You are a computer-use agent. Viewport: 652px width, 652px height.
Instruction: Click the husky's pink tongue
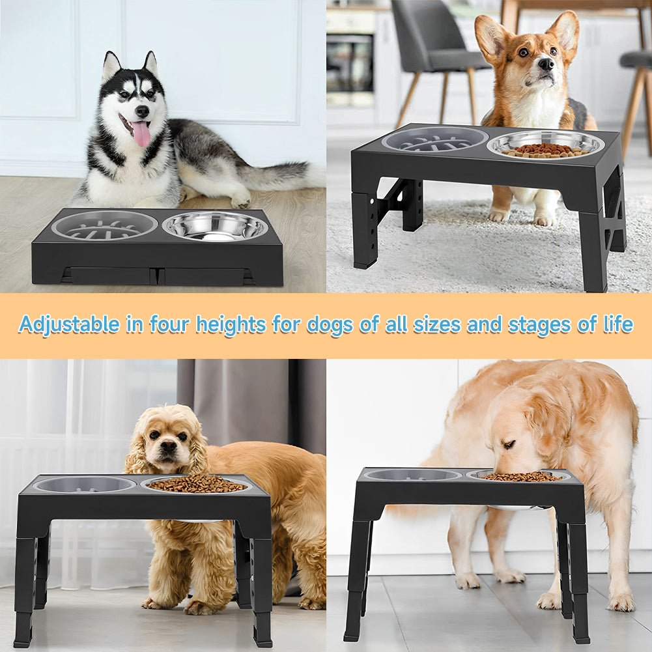point(141,133)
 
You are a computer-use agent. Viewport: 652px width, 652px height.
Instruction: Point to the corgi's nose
point(546,64)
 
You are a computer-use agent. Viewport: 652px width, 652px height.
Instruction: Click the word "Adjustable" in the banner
point(69,324)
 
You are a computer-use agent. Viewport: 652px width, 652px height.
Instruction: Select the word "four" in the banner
point(170,324)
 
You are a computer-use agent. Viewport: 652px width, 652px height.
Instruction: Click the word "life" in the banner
point(617,324)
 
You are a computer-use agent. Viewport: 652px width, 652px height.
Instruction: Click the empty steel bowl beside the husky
point(215,226)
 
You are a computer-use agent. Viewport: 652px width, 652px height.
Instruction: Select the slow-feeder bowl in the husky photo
point(104,225)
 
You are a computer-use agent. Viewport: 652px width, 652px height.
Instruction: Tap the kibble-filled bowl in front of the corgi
point(546,145)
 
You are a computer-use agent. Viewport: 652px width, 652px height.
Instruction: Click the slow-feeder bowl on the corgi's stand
point(434,139)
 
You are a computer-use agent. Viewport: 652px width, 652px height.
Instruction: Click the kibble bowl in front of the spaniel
point(196,484)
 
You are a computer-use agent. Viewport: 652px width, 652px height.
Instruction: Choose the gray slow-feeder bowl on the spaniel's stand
point(85,484)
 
